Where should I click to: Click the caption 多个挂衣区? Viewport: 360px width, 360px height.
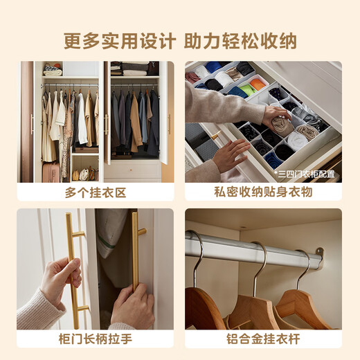96,192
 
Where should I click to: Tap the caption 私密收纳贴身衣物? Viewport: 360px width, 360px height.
263,192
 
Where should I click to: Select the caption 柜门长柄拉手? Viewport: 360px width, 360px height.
96,340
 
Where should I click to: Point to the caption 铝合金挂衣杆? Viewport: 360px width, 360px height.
263,340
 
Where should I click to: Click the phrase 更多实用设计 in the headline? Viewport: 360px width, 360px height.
119,41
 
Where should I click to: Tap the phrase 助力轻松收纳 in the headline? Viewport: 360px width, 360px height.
240,41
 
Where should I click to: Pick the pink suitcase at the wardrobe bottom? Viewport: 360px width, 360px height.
50,172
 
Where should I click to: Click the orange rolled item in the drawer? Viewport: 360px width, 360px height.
258,84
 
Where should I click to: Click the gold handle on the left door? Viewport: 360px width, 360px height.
72,270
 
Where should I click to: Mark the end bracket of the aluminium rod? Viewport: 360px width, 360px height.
318,257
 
